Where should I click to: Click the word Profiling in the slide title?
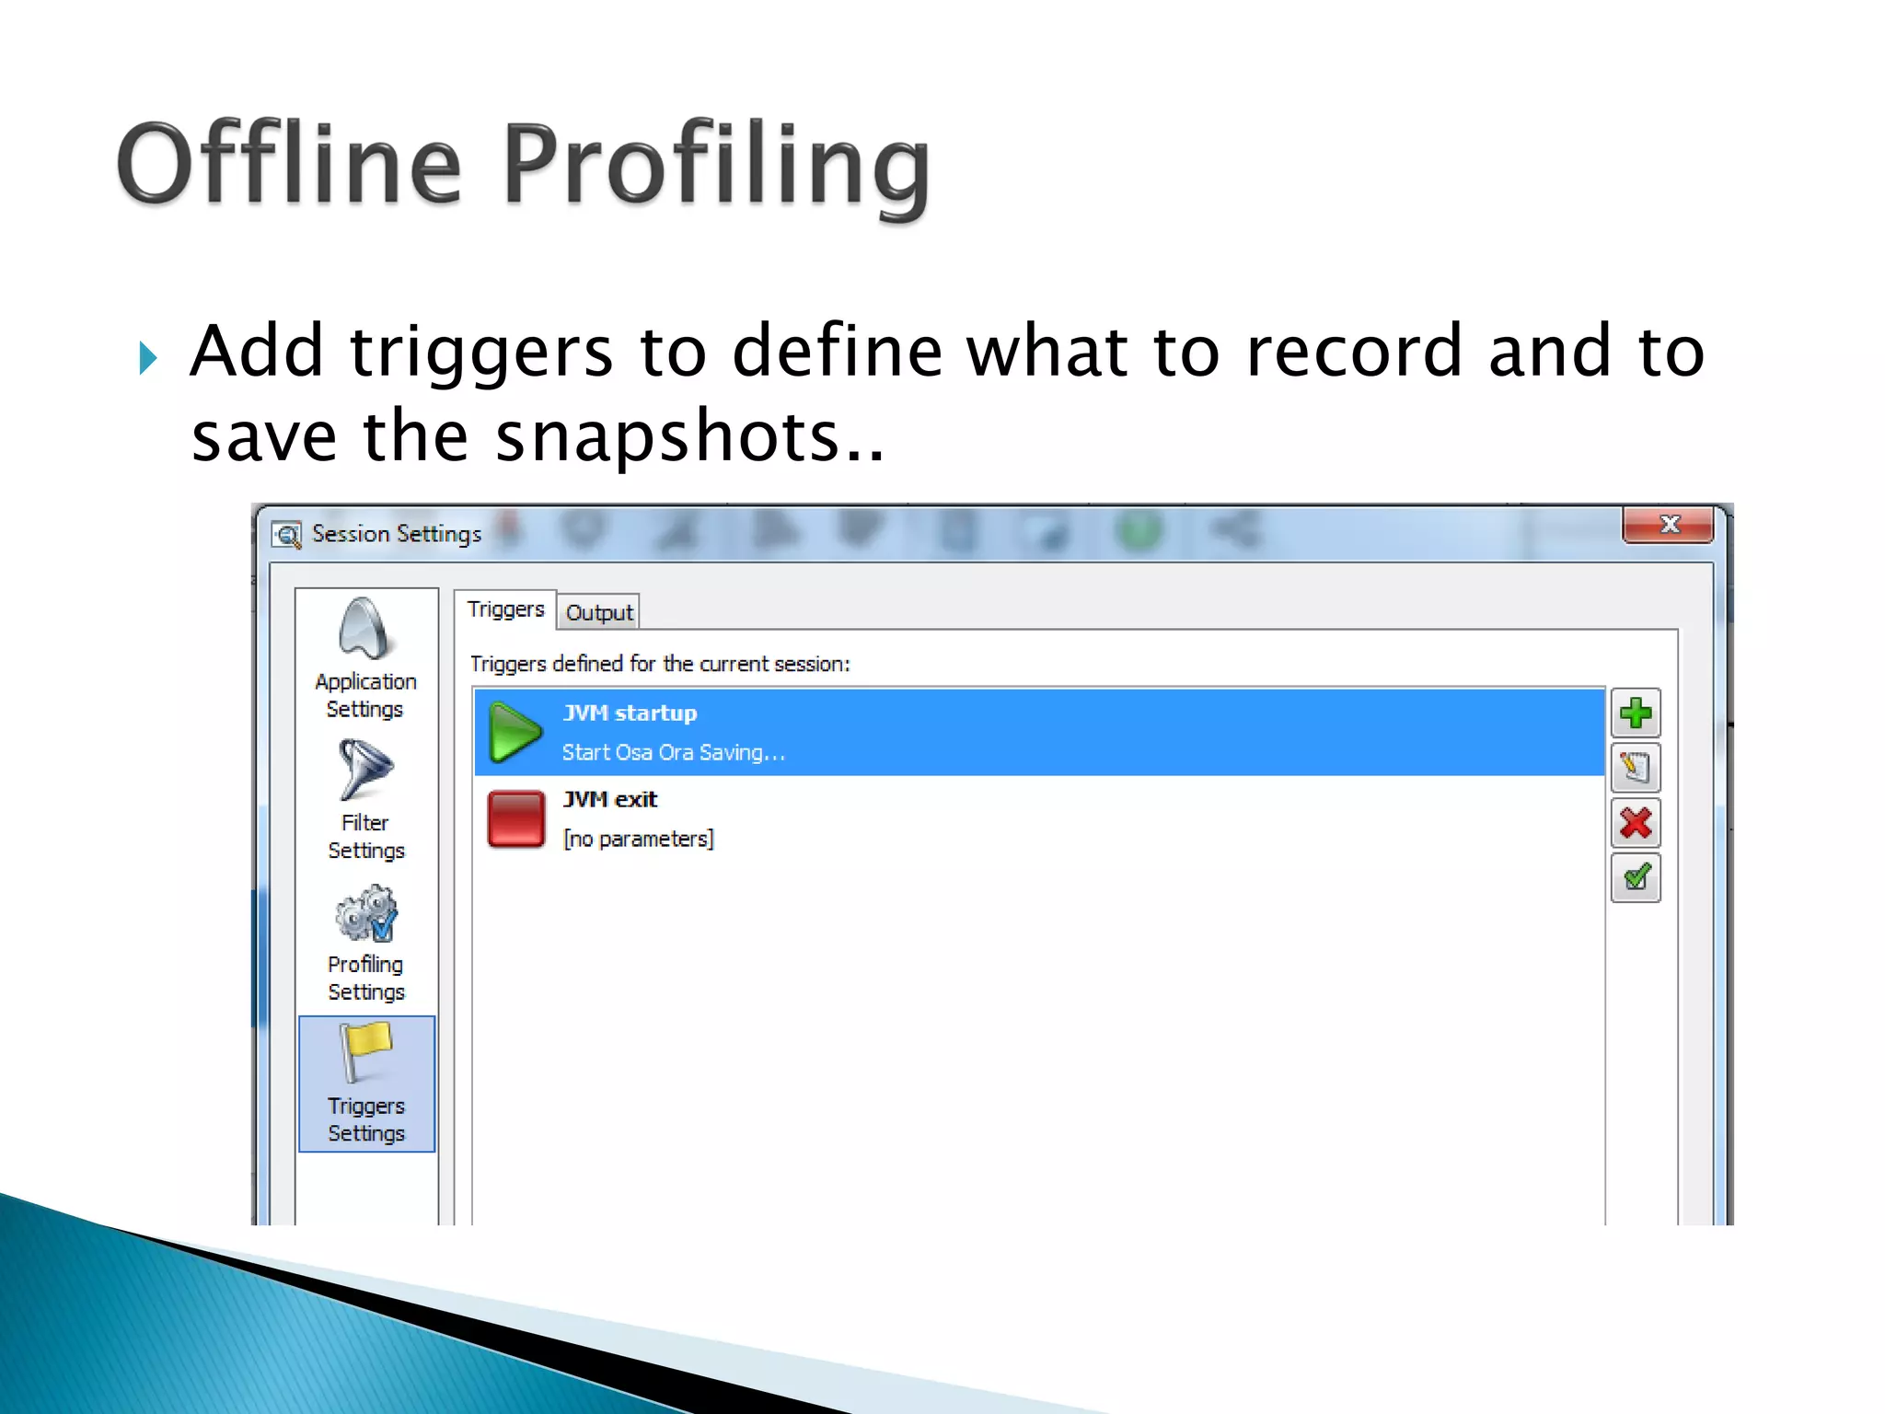click(716, 166)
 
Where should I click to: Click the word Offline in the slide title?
click(289, 166)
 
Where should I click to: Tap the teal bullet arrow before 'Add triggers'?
click(147, 357)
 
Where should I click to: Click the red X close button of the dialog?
click(1668, 525)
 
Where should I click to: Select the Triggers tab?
click(505, 609)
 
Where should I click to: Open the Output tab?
click(599, 613)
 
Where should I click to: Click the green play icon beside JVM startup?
click(514, 733)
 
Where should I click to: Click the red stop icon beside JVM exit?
click(515, 818)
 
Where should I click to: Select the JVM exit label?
click(610, 799)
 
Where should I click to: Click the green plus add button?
click(1636, 713)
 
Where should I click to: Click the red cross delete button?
click(1636, 823)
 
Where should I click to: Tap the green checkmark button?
click(1636, 877)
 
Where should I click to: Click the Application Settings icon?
click(365, 630)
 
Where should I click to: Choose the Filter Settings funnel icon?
click(364, 770)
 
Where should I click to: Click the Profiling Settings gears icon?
click(366, 913)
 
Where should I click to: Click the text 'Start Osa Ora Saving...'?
click(673, 753)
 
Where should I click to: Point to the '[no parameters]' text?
click(638, 839)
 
